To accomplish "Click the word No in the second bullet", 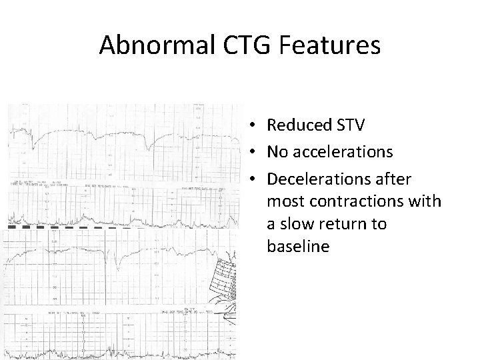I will [278, 152].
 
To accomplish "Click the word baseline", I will [297, 247].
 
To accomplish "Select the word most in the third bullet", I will [285, 201].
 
